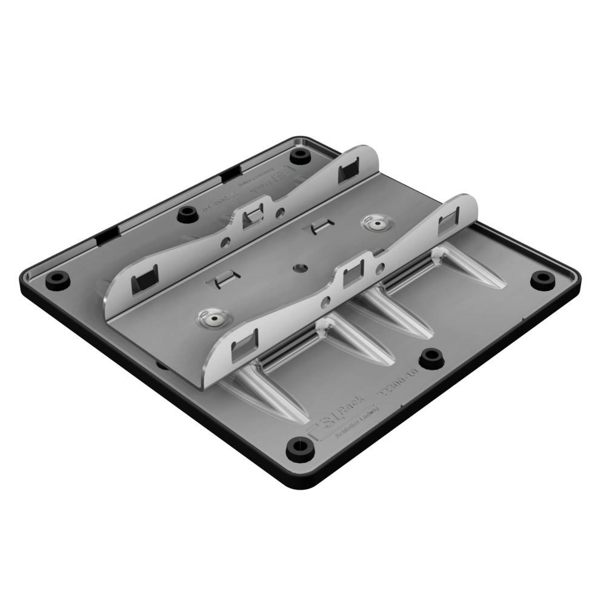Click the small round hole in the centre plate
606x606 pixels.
299,267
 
